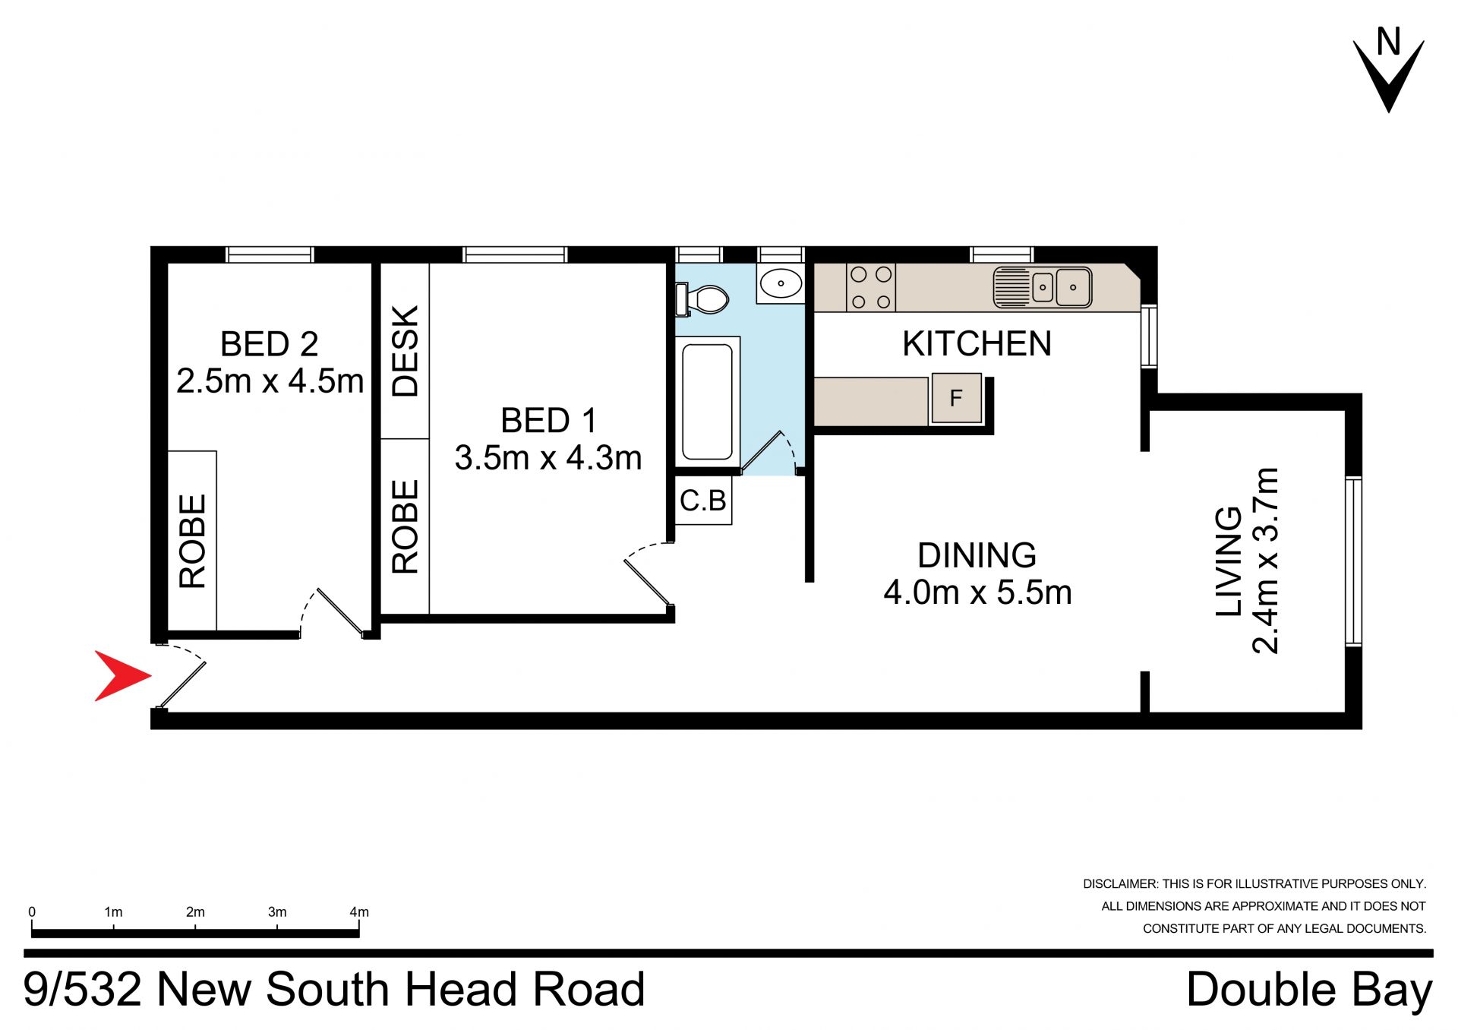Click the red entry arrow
click(x=121, y=675)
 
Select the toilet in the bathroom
click(x=702, y=299)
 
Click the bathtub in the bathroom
click(x=708, y=401)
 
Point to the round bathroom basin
click(x=781, y=283)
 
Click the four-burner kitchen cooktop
click(x=871, y=287)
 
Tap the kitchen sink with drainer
click(x=1043, y=287)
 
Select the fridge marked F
click(x=956, y=397)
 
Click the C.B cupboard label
click(x=703, y=501)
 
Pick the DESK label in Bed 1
click(x=406, y=351)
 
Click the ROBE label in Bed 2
click(x=192, y=541)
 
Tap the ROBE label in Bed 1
click(x=406, y=526)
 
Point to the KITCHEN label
click(x=977, y=344)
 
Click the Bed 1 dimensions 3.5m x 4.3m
click(x=548, y=458)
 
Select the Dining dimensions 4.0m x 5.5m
click(x=978, y=592)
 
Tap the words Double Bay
click(x=1310, y=991)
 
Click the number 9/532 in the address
click(x=83, y=989)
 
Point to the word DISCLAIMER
click(x=1121, y=884)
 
